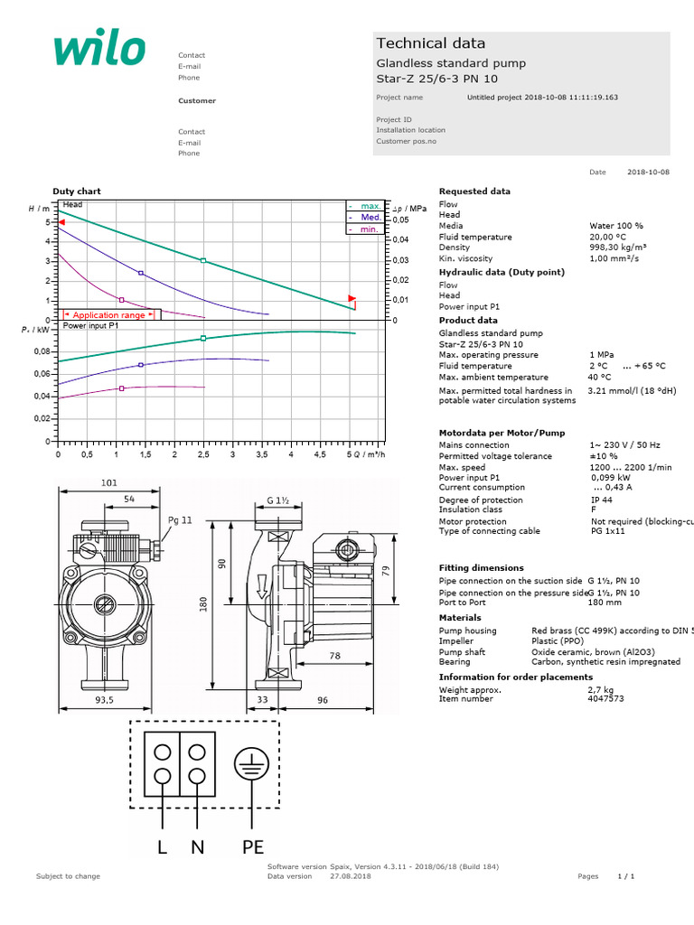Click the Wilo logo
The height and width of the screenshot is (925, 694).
(99, 50)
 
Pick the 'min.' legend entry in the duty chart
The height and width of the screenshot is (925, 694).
(369, 229)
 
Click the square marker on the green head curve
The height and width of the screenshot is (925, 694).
(203, 260)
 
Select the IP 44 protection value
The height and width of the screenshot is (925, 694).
(603, 500)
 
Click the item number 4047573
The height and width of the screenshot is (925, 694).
(606, 698)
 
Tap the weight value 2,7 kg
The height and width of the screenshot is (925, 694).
(601, 689)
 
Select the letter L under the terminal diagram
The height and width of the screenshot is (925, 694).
(164, 847)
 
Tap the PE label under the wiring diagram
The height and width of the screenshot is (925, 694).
(252, 847)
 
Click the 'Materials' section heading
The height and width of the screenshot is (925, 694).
(460, 618)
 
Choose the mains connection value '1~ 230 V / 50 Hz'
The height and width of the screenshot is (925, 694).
(624, 445)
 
